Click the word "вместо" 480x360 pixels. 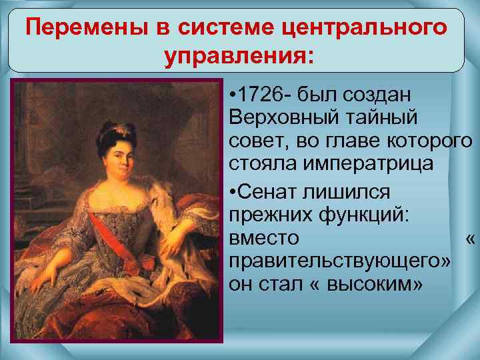pos(264,238)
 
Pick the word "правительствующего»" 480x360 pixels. pos(339,261)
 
